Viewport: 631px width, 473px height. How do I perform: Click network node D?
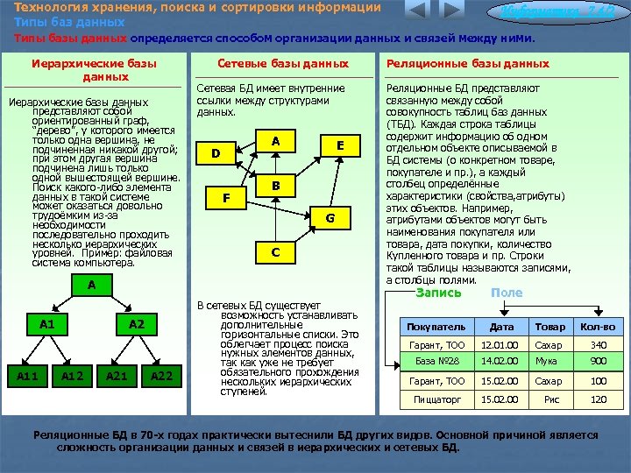click(216, 154)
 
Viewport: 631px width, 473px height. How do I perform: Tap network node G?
click(330, 217)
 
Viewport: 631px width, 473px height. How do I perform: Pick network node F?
click(226, 198)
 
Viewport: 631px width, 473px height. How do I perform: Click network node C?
click(275, 252)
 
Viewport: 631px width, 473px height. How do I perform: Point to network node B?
click(274, 186)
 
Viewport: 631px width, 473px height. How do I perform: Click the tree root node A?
click(91, 285)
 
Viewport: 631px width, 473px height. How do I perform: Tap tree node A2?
click(137, 324)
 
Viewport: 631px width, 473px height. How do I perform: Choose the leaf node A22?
click(160, 376)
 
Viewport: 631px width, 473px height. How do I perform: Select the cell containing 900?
click(599, 362)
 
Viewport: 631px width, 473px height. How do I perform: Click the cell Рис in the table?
click(549, 399)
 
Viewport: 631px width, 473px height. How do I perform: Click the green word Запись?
click(438, 293)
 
